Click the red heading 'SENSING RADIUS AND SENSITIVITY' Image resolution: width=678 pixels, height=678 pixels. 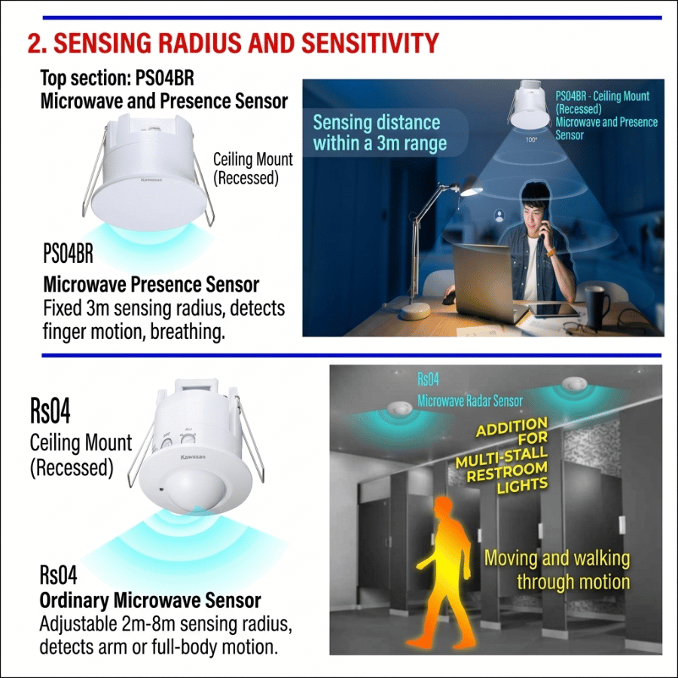coord(246,43)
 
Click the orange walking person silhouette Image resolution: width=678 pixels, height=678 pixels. coord(447,571)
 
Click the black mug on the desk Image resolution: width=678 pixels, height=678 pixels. coord(597,308)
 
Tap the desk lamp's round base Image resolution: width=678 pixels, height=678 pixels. coord(414,311)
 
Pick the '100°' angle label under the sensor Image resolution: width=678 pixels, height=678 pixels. coord(531,139)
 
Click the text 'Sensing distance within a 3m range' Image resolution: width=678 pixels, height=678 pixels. coord(379,133)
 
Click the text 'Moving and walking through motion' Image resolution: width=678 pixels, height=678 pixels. coord(557,570)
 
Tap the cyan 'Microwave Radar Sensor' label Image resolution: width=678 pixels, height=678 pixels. coord(469,401)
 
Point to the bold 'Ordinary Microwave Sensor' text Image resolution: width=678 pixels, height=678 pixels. coord(150,600)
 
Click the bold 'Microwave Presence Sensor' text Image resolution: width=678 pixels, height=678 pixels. coord(151,285)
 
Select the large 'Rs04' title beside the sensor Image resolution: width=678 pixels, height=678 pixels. coord(50,411)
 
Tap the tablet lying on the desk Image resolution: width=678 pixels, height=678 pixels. coord(554,309)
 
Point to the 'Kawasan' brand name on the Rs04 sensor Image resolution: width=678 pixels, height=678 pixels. coord(193,457)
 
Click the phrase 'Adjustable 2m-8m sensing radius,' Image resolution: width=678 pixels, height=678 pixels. coord(166,624)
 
